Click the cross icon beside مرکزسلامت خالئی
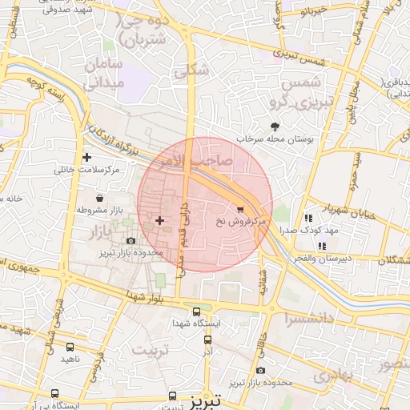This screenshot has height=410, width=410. click(x=86, y=157)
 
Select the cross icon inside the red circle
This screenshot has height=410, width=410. click(x=159, y=219)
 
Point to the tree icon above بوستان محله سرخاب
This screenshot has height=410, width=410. click(x=275, y=127)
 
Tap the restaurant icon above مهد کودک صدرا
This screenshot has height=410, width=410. click(x=308, y=217)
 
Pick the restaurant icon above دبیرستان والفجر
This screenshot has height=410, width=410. click(x=322, y=246)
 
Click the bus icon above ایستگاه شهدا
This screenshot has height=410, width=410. click(x=196, y=312)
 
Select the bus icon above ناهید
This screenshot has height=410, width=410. click(x=70, y=348)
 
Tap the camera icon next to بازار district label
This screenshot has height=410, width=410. click(x=131, y=240)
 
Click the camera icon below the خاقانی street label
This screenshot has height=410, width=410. click(x=261, y=370)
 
